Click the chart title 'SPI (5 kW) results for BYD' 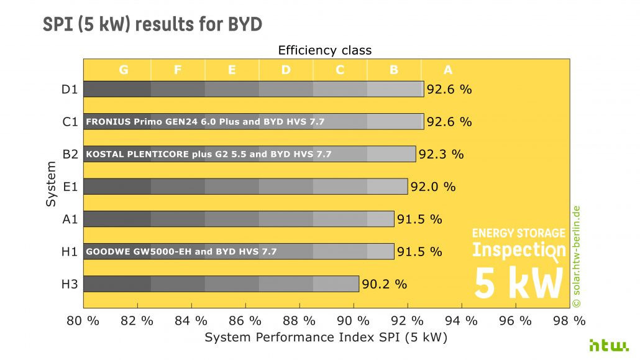pos(152,24)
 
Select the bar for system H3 pos(221,284)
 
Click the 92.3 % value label pos(441,154)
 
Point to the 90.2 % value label pos(384,284)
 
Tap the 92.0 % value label pos(432,187)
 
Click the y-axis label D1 pos(70,89)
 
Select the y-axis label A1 pos(70,219)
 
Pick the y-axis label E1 pos(70,187)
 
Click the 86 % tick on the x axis pos(245,321)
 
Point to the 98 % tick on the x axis pos(570,321)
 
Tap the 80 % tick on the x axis pos(83,321)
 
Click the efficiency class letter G pos(124,70)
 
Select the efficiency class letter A pos(448,70)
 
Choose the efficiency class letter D pos(286,70)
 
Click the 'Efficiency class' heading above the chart pos(324,50)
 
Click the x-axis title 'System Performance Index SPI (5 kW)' pos(326,338)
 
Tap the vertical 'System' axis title pos(52,184)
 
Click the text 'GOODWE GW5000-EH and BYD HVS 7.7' pos(181,252)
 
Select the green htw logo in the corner pos(609,345)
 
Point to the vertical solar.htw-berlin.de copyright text pos(576,256)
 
